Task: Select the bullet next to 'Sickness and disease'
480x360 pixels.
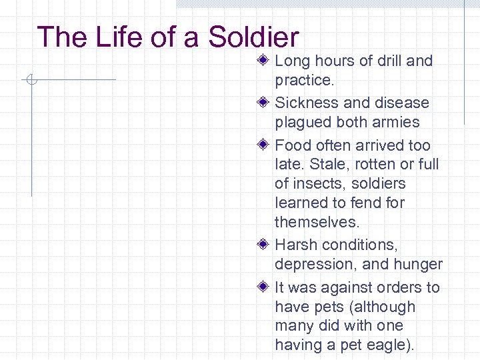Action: pyautogui.click(x=264, y=103)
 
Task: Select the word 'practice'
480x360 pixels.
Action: pyautogui.click(x=303, y=81)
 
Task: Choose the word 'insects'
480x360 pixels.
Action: pyautogui.click(x=321, y=183)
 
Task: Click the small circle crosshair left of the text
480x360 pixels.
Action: pyautogui.click(x=31, y=81)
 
